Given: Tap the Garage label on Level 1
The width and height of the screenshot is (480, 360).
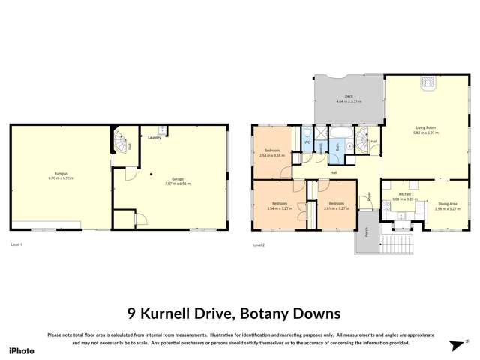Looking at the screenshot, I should pos(178,180).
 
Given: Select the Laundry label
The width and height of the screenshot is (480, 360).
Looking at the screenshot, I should pos(154,138).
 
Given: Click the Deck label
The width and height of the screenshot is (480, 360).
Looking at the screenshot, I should pos(349,97).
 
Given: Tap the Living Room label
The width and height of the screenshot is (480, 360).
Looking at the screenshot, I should pos(426,129).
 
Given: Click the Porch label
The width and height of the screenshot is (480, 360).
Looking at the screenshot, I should pos(366,233).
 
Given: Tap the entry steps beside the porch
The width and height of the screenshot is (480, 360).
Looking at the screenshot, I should pos(394,244).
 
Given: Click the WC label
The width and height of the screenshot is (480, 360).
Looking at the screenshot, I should pos(307,142).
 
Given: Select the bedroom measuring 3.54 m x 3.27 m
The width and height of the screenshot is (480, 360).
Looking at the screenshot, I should pos(279,205).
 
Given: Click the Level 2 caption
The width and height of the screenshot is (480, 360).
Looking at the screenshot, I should pos(259,245).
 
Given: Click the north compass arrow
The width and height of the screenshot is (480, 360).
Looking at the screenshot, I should pos(455,344).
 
